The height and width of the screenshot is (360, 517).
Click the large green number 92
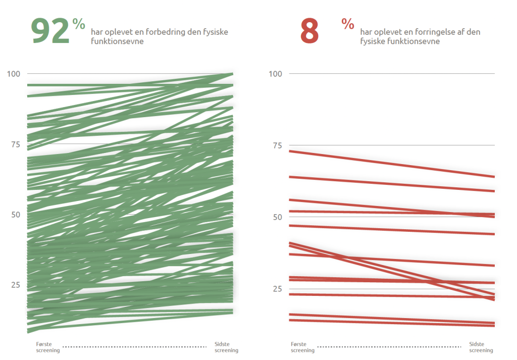coord(50,32)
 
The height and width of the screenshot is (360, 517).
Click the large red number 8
coord(309,32)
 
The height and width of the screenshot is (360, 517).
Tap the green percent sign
coord(78,24)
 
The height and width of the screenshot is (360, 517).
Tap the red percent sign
coord(347,23)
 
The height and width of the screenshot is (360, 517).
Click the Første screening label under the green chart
coord(48,347)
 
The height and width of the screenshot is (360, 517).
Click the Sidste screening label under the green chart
coord(226,347)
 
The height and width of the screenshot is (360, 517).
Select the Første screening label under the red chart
coord(302,347)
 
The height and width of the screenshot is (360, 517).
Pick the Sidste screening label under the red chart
coord(481,347)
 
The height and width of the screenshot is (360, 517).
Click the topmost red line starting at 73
coord(391,164)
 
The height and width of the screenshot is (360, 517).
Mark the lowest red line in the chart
coord(391,323)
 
